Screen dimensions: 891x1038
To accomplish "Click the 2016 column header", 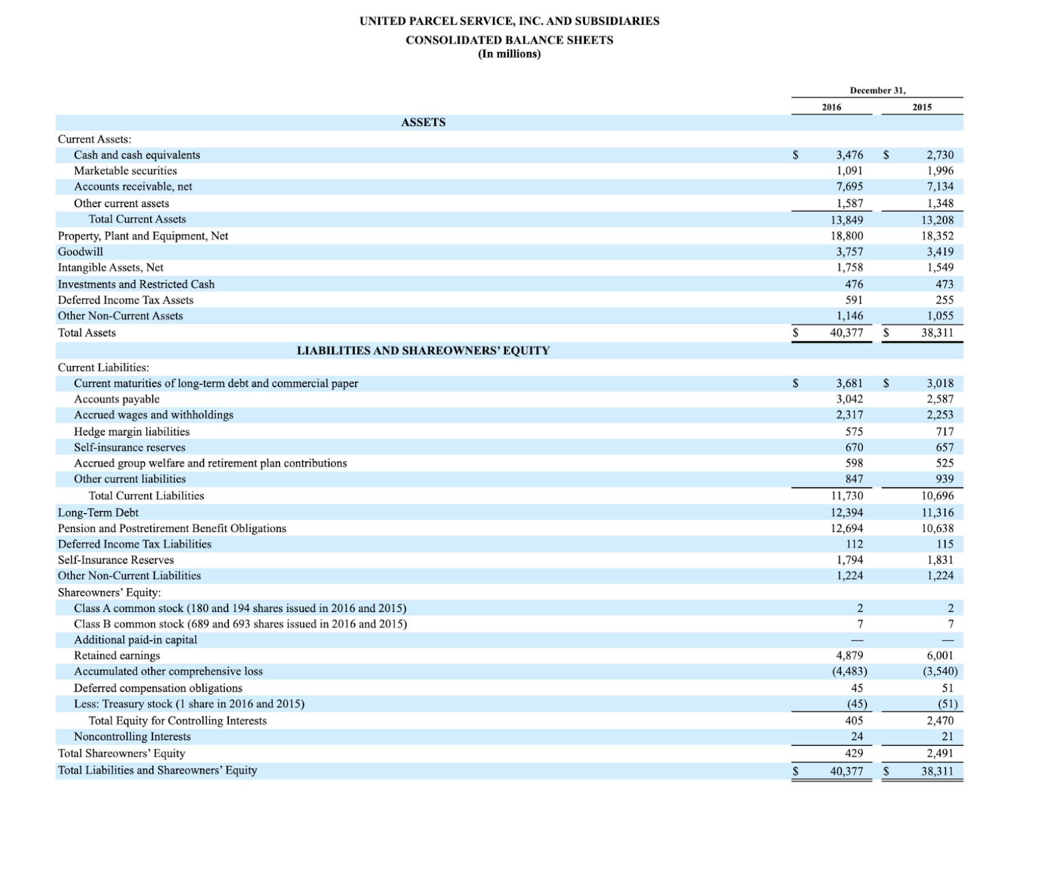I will tap(831, 107).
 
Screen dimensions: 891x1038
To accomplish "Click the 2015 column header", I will tap(922, 107).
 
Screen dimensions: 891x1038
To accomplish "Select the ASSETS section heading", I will tap(423, 122).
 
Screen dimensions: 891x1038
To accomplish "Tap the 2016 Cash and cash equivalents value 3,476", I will tap(849, 155).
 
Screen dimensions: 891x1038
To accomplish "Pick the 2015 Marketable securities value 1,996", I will tap(940, 171).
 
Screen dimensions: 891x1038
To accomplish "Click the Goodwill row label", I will tap(80, 252).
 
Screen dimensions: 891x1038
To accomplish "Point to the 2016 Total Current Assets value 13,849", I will tap(846, 220).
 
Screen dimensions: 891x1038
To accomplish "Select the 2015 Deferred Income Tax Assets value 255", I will tap(944, 300).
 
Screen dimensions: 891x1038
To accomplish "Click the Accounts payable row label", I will tap(116, 399).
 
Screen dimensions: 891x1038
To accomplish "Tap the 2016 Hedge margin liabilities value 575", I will tap(854, 432).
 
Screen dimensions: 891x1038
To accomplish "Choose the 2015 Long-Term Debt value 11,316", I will tap(937, 513).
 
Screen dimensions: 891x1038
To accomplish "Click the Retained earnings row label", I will tap(117, 655).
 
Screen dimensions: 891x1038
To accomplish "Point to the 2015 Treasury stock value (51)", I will tap(947, 704).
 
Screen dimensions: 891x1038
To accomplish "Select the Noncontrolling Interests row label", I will tap(132, 736).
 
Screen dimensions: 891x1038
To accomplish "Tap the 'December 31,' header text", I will tap(877, 91).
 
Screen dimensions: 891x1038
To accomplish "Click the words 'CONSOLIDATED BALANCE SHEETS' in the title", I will tap(509, 40).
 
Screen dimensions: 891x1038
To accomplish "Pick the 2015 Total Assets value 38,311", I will tap(937, 333).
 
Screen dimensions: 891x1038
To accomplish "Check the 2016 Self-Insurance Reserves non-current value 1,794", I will tap(849, 560).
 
